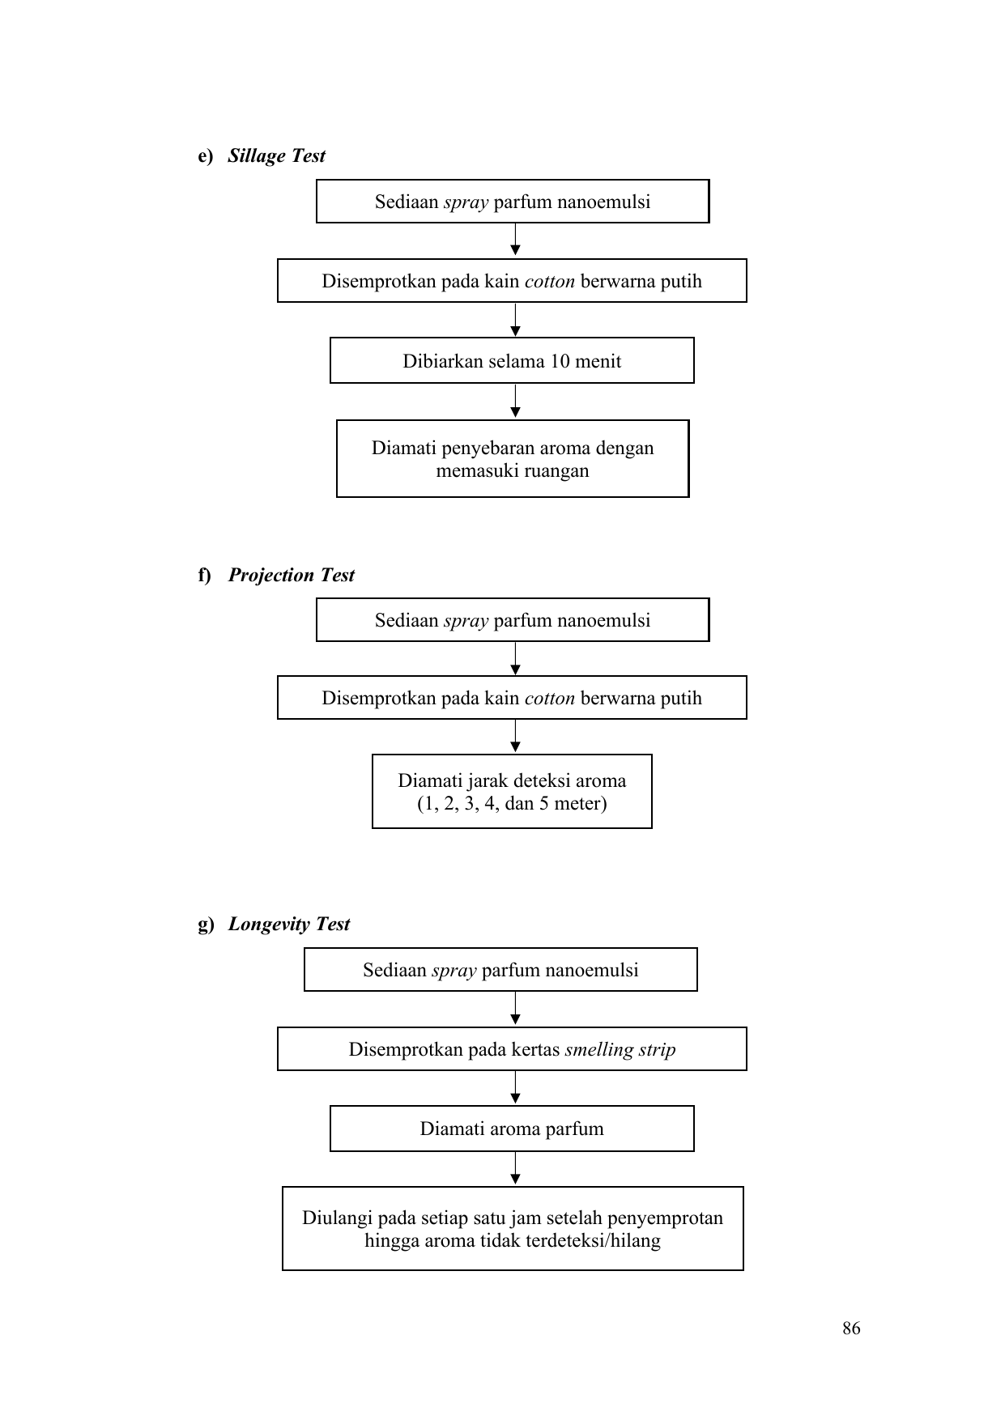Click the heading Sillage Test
tap(276, 156)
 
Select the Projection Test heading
tap(292, 576)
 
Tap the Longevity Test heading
tap(289, 925)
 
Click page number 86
tap(851, 1329)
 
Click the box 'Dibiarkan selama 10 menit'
tap(512, 360)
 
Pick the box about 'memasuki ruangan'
tap(513, 458)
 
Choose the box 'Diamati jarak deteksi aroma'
tap(512, 791)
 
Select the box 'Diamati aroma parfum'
tap(512, 1129)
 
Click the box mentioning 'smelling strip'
tap(512, 1049)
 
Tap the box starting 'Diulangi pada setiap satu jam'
tap(513, 1228)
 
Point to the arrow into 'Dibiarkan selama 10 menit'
tap(516, 320)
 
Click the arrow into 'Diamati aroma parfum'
tap(516, 1088)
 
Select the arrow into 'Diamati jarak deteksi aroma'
tap(516, 737)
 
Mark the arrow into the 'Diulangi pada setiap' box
tap(516, 1169)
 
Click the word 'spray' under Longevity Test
tap(454, 971)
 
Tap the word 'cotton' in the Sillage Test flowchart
tap(550, 282)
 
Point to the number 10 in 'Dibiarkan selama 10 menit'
tap(560, 361)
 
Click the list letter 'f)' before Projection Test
tap(204, 576)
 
